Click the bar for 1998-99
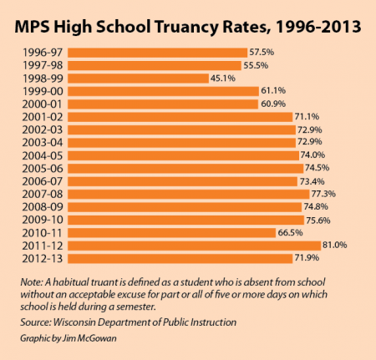coord(138,79)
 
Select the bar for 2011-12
coord(194,246)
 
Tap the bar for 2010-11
coord(171,233)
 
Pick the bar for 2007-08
coord(189,194)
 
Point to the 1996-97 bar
coord(157,53)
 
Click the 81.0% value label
coord(335,245)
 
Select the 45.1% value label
coord(223,78)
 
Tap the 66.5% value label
coord(290,232)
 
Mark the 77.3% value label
coord(323,194)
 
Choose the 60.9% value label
coord(273,104)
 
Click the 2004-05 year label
coord(43,155)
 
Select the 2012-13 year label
coord(43,259)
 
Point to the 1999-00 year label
coord(43,91)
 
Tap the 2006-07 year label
coord(43,181)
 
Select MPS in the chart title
coord(32,27)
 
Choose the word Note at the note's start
coord(32,282)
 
